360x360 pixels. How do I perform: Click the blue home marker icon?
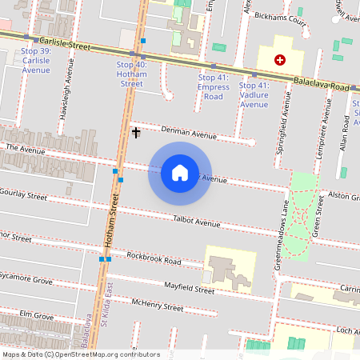pos(179,173)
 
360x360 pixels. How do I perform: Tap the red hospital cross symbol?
pos(279,60)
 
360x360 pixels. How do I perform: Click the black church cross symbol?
pos(136,131)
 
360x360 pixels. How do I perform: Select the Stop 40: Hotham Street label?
pos(131,74)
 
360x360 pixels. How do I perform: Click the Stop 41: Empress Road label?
pos(214,86)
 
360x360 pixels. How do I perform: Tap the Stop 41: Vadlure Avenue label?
pos(254,94)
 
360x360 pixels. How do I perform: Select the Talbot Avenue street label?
pos(196,222)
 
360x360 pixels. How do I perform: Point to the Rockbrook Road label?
pos(154,258)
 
